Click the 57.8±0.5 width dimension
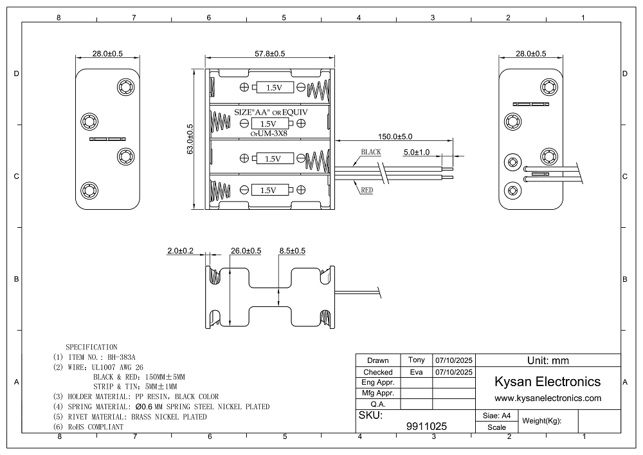pyautogui.click(x=269, y=53)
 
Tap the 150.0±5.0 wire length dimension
pyautogui.click(x=395, y=136)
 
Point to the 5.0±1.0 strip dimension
pyautogui.click(x=416, y=152)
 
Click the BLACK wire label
pyautogui.click(x=371, y=152)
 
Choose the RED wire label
pyautogui.click(x=367, y=190)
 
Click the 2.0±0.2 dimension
pyautogui.click(x=180, y=250)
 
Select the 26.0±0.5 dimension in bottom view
pyautogui.click(x=246, y=250)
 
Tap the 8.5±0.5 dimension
pyautogui.click(x=292, y=250)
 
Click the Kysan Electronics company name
pyautogui.click(x=547, y=381)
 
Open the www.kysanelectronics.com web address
pyautogui.click(x=547, y=398)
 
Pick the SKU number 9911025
pyautogui.click(x=427, y=426)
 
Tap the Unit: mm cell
pyautogui.click(x=547, y=360)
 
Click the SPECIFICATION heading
pyautogui.click(x=92, y=347)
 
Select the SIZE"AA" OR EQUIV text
pyautogui.click(x=271, y=112)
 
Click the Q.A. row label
pyautogui.click(x=378, y=404)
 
